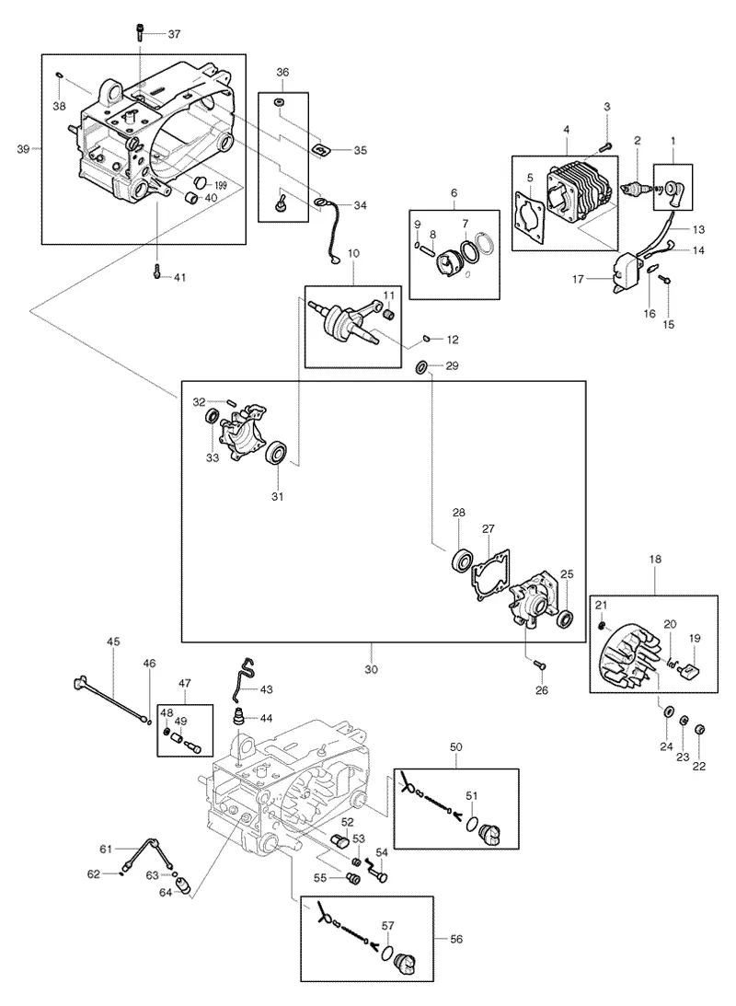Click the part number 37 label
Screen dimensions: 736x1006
click(174, 34)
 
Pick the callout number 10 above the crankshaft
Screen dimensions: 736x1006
click(354, 253)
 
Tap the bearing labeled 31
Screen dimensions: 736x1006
click(277, 453)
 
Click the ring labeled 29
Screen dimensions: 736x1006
click(422, 366)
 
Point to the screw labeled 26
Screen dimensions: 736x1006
click(539, 666)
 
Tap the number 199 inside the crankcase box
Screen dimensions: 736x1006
click(221, 185)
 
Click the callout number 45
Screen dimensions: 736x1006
click(113, 642)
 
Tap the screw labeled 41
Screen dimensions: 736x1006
click(156, 272)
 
